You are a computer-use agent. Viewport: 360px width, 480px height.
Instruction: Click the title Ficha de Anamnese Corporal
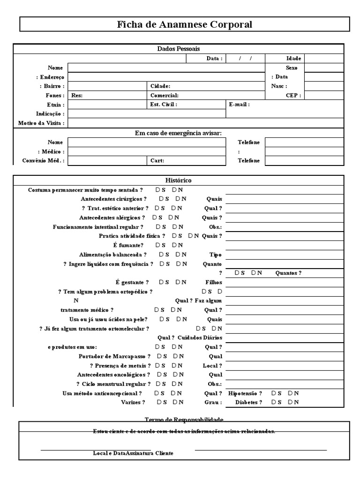point(184,24)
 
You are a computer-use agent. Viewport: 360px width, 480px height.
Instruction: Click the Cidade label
point(160,86)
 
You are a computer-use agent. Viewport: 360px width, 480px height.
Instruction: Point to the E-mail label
point(240,105)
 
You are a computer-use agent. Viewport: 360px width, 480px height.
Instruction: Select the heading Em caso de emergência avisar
point(178,133)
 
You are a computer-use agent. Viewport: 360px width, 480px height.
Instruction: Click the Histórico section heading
point(178,180)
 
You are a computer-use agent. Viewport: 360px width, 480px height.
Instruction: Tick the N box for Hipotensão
point(290,393)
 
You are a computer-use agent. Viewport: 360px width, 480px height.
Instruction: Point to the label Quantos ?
point(288,273)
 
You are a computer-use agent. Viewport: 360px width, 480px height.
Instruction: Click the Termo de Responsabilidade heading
point(184,419)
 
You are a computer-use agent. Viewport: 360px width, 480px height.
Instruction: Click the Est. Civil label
point(164,105)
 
